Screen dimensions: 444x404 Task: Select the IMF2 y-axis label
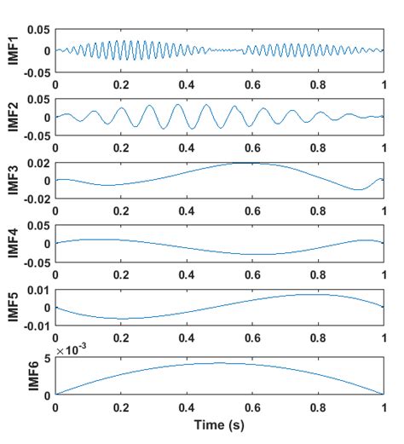tap(10, 116)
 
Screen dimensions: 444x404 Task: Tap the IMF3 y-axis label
tap(10, 180)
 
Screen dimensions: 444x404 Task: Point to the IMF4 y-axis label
tap(10, 245)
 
